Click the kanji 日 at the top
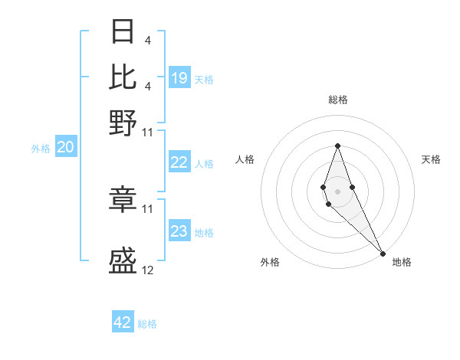(x=123, y=31)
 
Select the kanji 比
(x=123, y=77)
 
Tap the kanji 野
(x=123, y=123)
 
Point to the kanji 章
(x=123, y=199)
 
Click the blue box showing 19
(x=179, y=78)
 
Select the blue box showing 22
(x=179, y=162)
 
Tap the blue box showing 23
(x=179, y=231)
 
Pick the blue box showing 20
(x=65, y=148)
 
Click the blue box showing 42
(x=123, y=322)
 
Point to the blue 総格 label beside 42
(x=147, y=324)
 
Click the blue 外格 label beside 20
(x=41, y=149)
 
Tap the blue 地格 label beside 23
(x=205, y=233)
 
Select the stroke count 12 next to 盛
(x=148, y=270)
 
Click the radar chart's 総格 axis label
(x=337, y=100)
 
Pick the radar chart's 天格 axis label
(x=431, y=159)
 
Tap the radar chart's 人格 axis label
(x=245, y=159)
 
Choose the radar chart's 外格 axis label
(x=270, y=263)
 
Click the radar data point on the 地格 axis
(x=382, y=252)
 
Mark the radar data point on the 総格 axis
(x=337, y=146)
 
